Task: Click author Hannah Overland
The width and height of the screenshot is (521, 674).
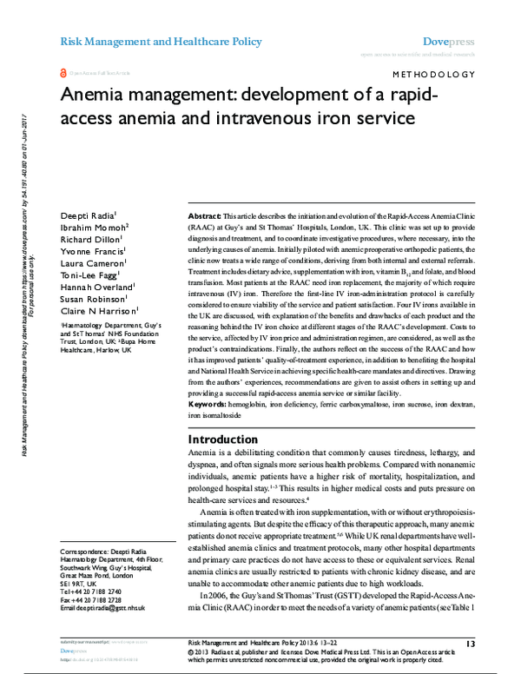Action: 92,298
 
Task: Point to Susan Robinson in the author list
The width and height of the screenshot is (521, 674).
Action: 89,311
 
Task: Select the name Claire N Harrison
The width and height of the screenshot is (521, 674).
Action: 93,325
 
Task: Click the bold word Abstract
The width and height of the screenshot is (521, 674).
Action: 205,214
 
